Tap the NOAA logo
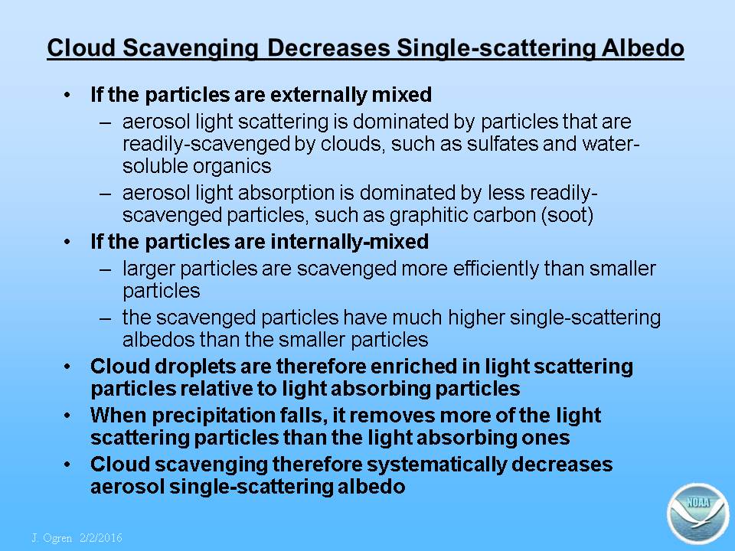tap(697, 514)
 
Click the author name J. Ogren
tap(51, 537)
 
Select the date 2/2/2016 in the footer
tap(101, 537)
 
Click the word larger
tap(149, 269)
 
